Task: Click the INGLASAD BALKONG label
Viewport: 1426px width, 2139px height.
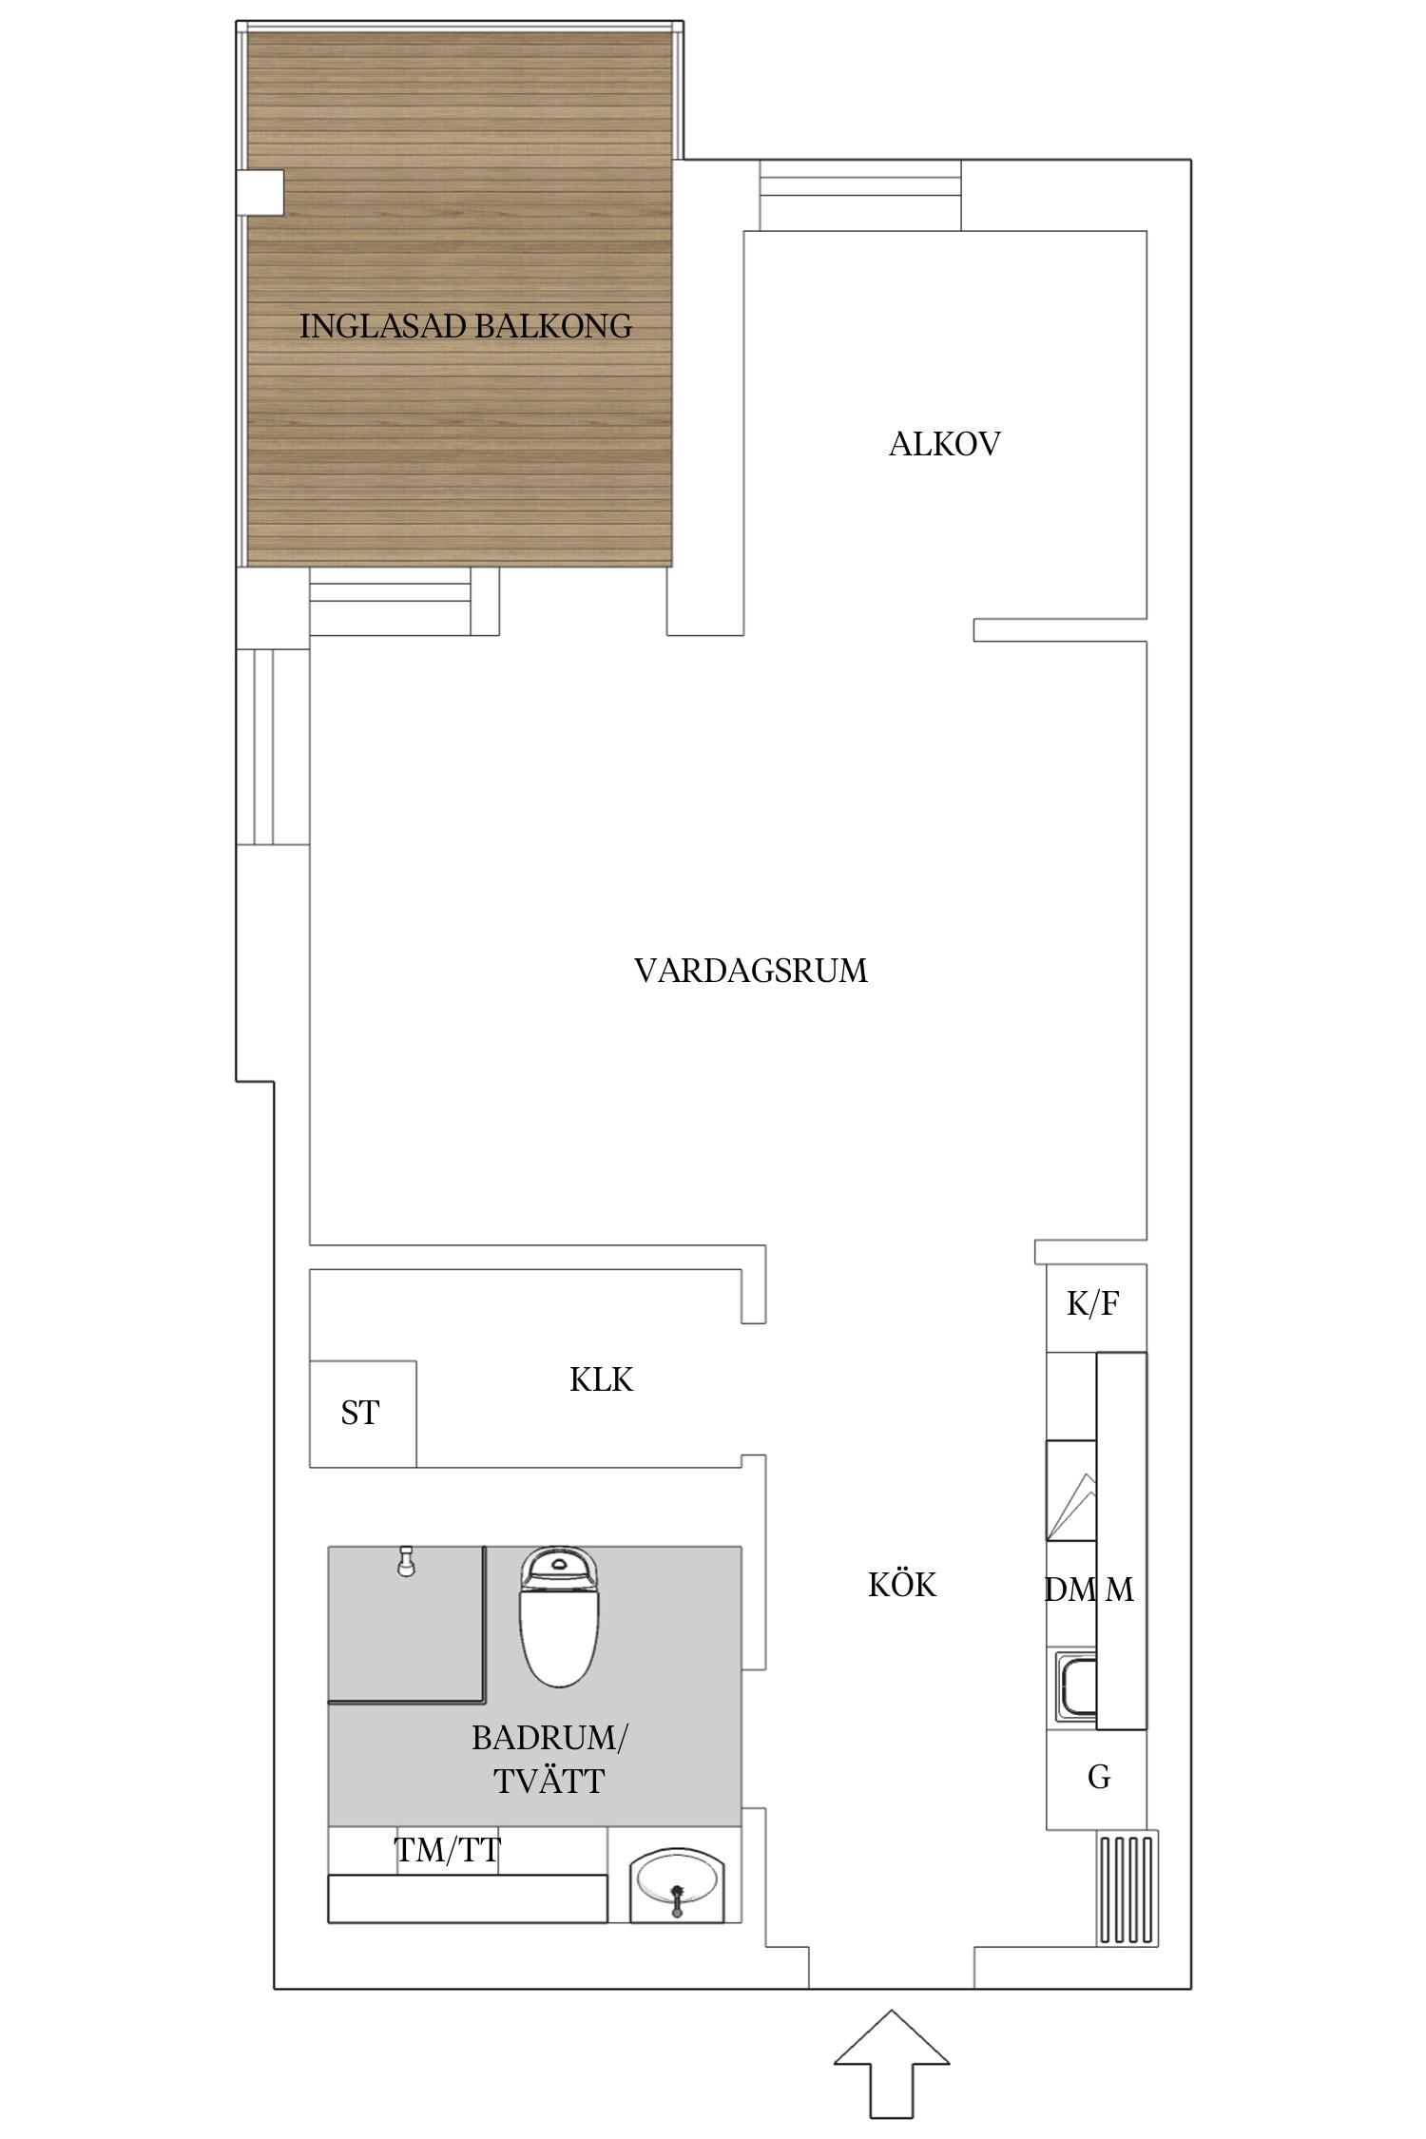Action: [466, 326]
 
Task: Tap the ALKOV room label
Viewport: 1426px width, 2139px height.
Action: [944, 444]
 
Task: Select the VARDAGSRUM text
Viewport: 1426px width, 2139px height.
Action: [750, 971]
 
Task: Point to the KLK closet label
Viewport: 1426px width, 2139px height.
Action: [601, 1379]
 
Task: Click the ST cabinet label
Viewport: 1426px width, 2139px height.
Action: [359, 1414]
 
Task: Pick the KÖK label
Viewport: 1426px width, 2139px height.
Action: [902, 1585]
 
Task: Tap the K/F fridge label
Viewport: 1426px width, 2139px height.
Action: [1092, 1303]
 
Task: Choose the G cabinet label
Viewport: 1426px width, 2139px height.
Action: [1098, 1777]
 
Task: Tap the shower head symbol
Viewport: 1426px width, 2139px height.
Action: [406, 1562]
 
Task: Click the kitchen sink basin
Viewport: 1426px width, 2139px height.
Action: [1076, 1687]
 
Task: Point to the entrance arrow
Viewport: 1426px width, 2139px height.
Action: [891, 2063]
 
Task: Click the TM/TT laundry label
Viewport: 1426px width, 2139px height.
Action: [447, 1850]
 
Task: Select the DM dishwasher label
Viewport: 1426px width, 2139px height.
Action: [1069, 1590]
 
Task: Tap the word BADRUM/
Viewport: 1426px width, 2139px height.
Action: [549, 1739]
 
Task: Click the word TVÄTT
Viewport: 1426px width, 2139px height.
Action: [549, 1781]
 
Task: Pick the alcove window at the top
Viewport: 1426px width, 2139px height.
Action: [860, 195]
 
